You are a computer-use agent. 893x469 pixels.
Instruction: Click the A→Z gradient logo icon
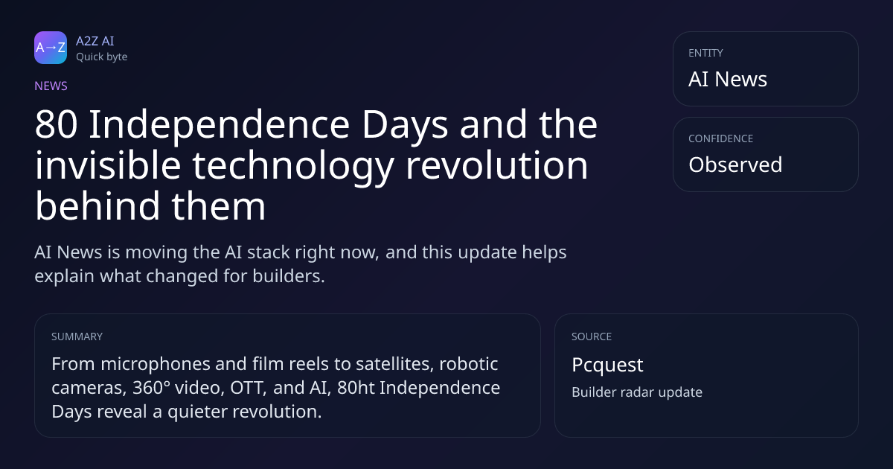pyautogui.click(x=51, y=48)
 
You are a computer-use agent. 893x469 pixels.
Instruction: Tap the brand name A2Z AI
pyautogui.click(x=95, y=41)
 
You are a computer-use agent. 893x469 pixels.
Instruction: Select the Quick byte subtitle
pyautogui.click(x=102, y=57)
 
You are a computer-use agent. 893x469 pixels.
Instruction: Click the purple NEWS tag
pyautogui.click(x=51, y=86)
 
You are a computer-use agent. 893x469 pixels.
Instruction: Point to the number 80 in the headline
pyautogui.click(x=57, y=125)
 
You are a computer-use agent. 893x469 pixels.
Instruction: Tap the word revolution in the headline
pyautogui.click(x=497, y=165)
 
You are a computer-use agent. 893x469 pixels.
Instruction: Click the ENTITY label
pyautogui.click(x=705, y=53)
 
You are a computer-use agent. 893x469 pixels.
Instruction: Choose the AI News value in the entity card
pyautogui.click(x=728, y=79)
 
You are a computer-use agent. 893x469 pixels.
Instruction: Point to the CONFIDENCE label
pyautogui.click(x=721, y=138)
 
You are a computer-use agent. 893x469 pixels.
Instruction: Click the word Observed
pyautogui.click(x=735, y=165)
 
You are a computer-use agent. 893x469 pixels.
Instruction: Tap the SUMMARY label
pyautogui.click(x=77, y=336)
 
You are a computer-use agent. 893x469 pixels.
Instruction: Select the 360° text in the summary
pyautogui.click(x=151, y=388)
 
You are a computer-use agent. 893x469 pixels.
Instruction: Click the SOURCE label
pyautogui.click(x=592, y=336)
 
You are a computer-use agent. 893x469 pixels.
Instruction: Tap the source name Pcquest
pyautogui.click(x=607, y=366)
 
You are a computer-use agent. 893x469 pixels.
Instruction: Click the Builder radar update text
pyautogui.click(x=637, y=392)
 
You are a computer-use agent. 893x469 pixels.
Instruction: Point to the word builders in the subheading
pyautogui.click(x=288, y=276)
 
